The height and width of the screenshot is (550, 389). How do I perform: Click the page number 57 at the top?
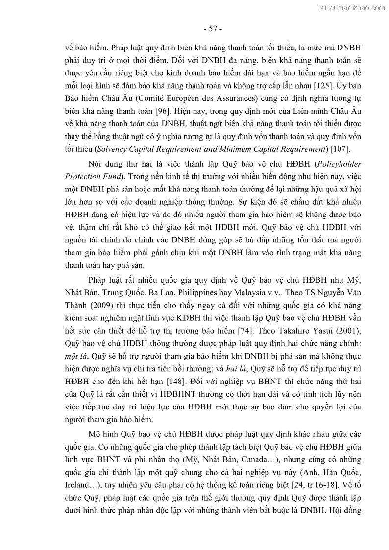pos(213,29)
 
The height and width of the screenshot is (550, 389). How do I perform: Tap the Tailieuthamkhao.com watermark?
pos(351,7)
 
